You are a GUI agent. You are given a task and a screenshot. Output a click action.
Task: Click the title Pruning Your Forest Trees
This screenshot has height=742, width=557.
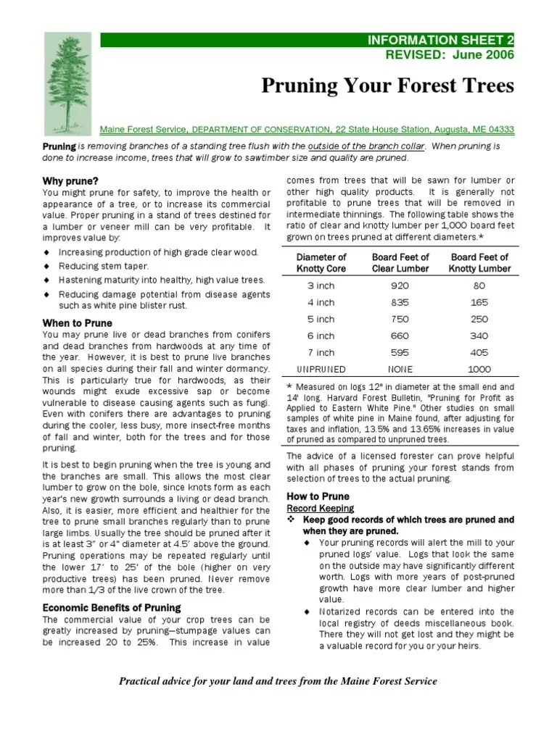[x=387, y=87]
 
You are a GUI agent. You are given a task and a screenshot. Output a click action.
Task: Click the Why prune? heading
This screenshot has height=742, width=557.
[x=70, y=180]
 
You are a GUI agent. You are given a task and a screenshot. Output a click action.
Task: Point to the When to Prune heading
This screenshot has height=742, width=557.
[x=76, y=322]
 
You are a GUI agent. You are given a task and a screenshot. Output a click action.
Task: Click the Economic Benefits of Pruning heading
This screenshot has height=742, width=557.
[x=111, y=607]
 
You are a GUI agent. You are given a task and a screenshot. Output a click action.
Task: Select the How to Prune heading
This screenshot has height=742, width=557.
[x=318, y=496]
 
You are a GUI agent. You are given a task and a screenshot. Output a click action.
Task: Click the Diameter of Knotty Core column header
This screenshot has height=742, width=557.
[x=321, y=262]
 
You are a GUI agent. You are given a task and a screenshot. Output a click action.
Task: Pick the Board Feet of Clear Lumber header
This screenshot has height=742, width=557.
[x=400, y=262]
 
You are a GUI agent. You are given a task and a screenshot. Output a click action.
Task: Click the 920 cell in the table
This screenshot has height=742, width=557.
[x=400, y=285]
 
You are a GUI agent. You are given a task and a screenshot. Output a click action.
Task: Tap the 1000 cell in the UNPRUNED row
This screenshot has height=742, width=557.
[x=480, y=369]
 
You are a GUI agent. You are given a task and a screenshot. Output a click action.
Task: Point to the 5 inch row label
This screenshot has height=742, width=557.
[x=321, y=319]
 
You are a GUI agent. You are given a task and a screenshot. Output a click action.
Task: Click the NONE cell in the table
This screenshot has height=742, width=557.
[x=400, y=369]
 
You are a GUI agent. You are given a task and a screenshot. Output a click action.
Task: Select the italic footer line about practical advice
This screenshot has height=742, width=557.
[x=278, y=682]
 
